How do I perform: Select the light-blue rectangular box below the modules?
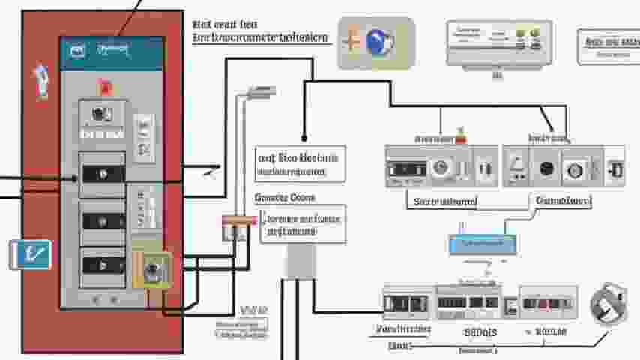point(481,244)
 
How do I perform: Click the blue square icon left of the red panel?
point(30,255)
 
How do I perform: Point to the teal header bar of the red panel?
point(112,52)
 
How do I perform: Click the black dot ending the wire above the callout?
point(304,138)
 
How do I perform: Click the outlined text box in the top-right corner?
point(608,46)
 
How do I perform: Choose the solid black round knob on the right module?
point(547,169)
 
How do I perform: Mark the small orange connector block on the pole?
point(235,222)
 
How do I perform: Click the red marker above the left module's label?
point(460,139)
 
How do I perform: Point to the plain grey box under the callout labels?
point(301,262)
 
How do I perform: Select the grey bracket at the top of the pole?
point(257,92)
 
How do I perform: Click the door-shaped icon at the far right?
point(615,170)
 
